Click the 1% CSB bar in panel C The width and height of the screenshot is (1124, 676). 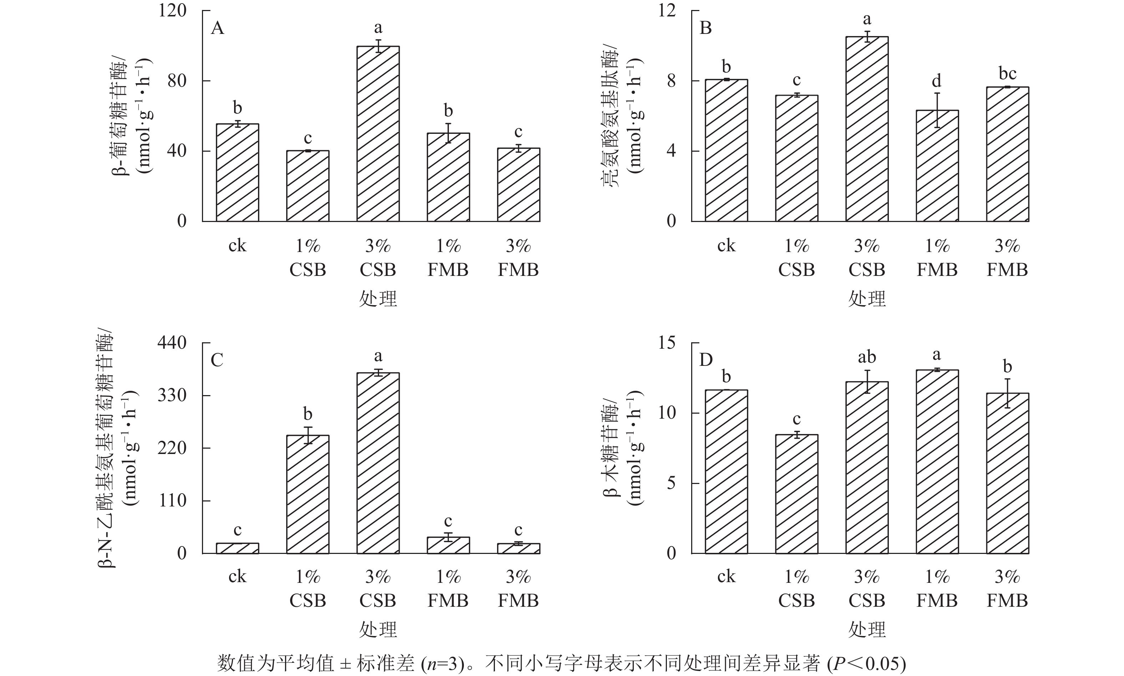point(308,494)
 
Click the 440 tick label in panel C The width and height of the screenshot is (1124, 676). point(172,343)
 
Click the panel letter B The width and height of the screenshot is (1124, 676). point(705,28)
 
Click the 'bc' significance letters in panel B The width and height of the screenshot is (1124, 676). point(1007,73)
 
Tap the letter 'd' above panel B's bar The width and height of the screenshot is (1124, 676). point(937,81)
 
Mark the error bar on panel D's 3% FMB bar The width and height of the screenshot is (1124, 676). point(1007,393)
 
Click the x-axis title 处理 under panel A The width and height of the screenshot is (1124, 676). point(378,299)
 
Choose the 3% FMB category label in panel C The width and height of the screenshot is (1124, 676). point(518,589)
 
